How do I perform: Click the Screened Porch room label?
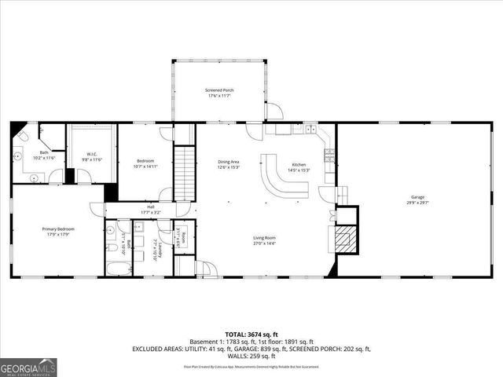point(219,90)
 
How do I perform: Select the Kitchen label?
point(299,164)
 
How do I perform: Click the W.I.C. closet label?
point(90,155)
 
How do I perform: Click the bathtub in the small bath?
point(119,269)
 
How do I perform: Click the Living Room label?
point(264,238)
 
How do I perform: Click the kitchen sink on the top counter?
point(310,128)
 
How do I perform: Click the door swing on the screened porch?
point(274,112)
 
